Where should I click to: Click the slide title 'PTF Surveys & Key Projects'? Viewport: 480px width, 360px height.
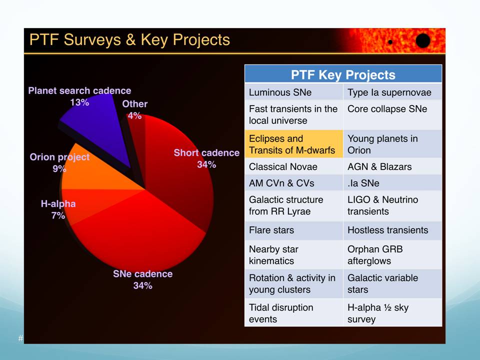pos(129,40)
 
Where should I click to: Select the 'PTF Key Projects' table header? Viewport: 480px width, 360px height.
pos(343,75)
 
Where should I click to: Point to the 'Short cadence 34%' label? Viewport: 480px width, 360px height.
pos(206,158)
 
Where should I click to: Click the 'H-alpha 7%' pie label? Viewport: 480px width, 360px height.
pos(58,209)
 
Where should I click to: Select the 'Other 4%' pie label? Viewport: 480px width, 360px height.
pos(134,109)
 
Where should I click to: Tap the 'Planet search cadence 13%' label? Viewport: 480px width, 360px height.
pos(79,96)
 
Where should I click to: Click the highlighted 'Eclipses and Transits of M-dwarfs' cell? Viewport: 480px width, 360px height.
pos(293,144)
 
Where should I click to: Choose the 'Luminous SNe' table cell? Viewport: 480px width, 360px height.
pos(293,92)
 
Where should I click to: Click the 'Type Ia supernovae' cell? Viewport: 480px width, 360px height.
pos(392,92)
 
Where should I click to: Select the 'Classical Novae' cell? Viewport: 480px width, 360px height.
pos(293,166)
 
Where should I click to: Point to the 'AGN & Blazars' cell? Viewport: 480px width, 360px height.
pos(392,166)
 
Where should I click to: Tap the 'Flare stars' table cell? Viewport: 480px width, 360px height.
pos(293,230)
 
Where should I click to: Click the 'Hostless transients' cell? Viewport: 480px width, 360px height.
pos(392,230)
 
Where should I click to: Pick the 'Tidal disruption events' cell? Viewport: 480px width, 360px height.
pos(293,313)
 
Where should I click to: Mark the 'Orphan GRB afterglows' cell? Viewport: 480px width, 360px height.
pos(392,254)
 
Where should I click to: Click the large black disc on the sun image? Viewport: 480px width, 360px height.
pos(423,41)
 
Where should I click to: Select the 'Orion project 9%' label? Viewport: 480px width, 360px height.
pos(59,162)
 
